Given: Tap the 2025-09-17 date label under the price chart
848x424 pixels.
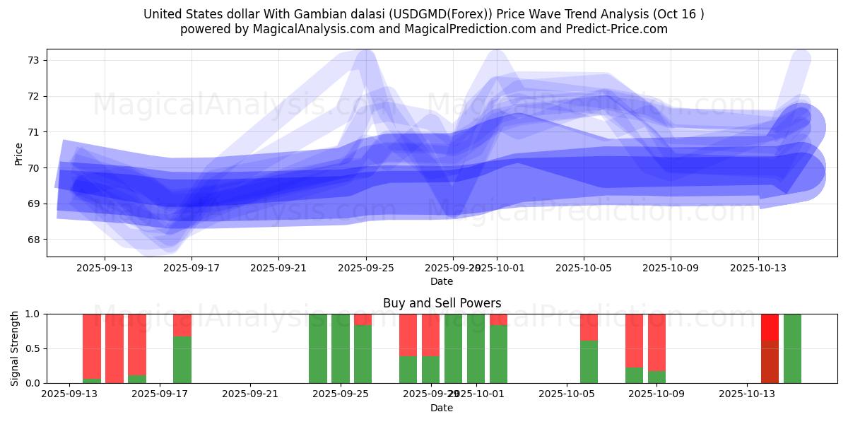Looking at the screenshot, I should (192, 268).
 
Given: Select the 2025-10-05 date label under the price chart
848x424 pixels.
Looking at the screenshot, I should (584, 268).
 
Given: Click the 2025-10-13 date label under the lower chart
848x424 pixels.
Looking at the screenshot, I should (748, 394).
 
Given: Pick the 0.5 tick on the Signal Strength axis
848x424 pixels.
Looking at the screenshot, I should (33, 348).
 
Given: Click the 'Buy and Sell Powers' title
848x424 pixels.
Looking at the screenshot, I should (442, 303).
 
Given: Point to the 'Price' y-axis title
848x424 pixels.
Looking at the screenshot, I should (19, 153).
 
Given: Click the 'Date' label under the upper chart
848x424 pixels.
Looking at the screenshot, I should (442, 281).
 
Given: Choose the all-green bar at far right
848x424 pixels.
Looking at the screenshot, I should (792, 348).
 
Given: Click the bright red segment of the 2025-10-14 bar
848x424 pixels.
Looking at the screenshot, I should (770, 327).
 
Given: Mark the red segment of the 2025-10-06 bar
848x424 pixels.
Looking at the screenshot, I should (589, 327).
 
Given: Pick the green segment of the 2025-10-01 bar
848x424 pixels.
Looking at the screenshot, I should (498, 354).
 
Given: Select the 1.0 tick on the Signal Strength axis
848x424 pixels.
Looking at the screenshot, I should (33, 314).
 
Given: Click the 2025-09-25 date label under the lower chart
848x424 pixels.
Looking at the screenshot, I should (341, 394).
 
